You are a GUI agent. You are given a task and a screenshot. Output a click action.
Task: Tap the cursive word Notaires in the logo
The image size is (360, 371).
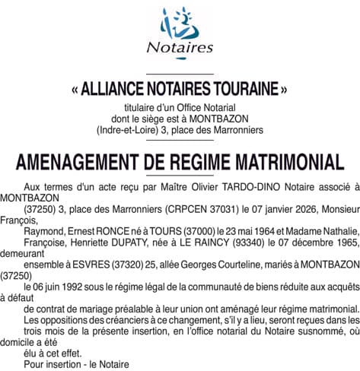click(180, 49)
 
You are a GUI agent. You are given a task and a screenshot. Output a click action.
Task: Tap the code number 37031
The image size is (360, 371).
click(223, 208)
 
